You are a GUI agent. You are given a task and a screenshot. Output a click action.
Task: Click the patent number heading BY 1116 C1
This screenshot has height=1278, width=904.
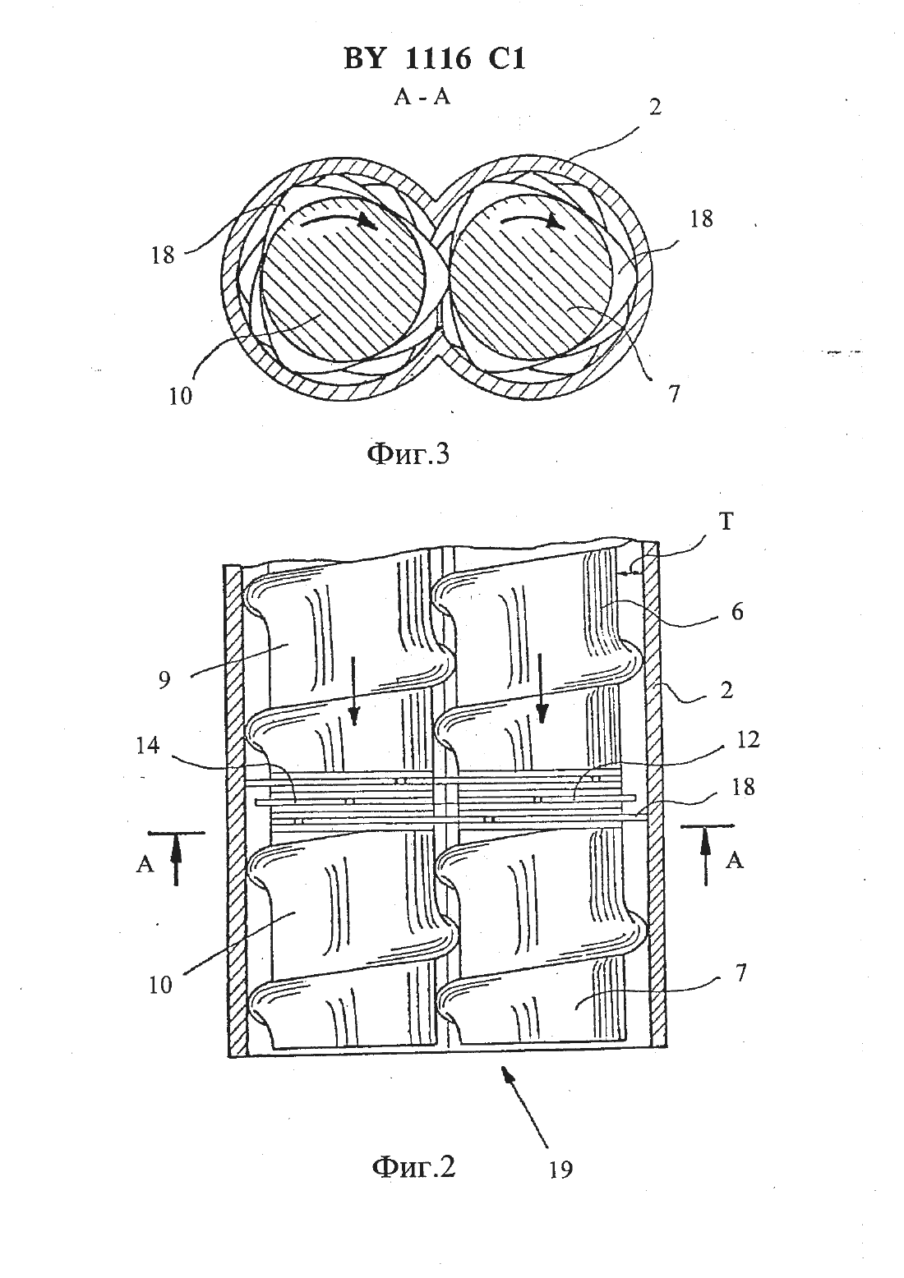pos(434,60)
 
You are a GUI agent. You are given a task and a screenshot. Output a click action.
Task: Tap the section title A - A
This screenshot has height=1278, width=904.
pos(422,98)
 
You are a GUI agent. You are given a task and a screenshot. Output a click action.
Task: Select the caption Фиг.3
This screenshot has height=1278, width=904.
pos(408,456)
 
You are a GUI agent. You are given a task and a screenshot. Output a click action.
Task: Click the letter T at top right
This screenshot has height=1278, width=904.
pos(725,522)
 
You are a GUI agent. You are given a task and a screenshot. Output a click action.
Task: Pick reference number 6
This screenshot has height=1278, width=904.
pos(737,612)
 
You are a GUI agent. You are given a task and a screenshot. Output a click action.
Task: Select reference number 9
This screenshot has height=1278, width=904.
pos(165,681)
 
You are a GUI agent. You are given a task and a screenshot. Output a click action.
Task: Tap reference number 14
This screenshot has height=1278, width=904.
pos(147,746)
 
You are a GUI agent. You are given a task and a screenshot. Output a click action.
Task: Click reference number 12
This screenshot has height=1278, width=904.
pos(748,740)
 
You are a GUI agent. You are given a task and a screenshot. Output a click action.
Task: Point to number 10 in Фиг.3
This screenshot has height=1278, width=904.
pos(180,396)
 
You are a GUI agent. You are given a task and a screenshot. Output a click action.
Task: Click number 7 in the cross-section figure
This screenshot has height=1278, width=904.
pos(674,393)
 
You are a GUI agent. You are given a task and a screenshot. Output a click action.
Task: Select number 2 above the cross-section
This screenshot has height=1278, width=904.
pos(656,107)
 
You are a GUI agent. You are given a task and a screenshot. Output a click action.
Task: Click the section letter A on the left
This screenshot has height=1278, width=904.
pos(145,864)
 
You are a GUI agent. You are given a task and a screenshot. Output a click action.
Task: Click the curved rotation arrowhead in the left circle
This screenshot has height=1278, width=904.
pos(366,221)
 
